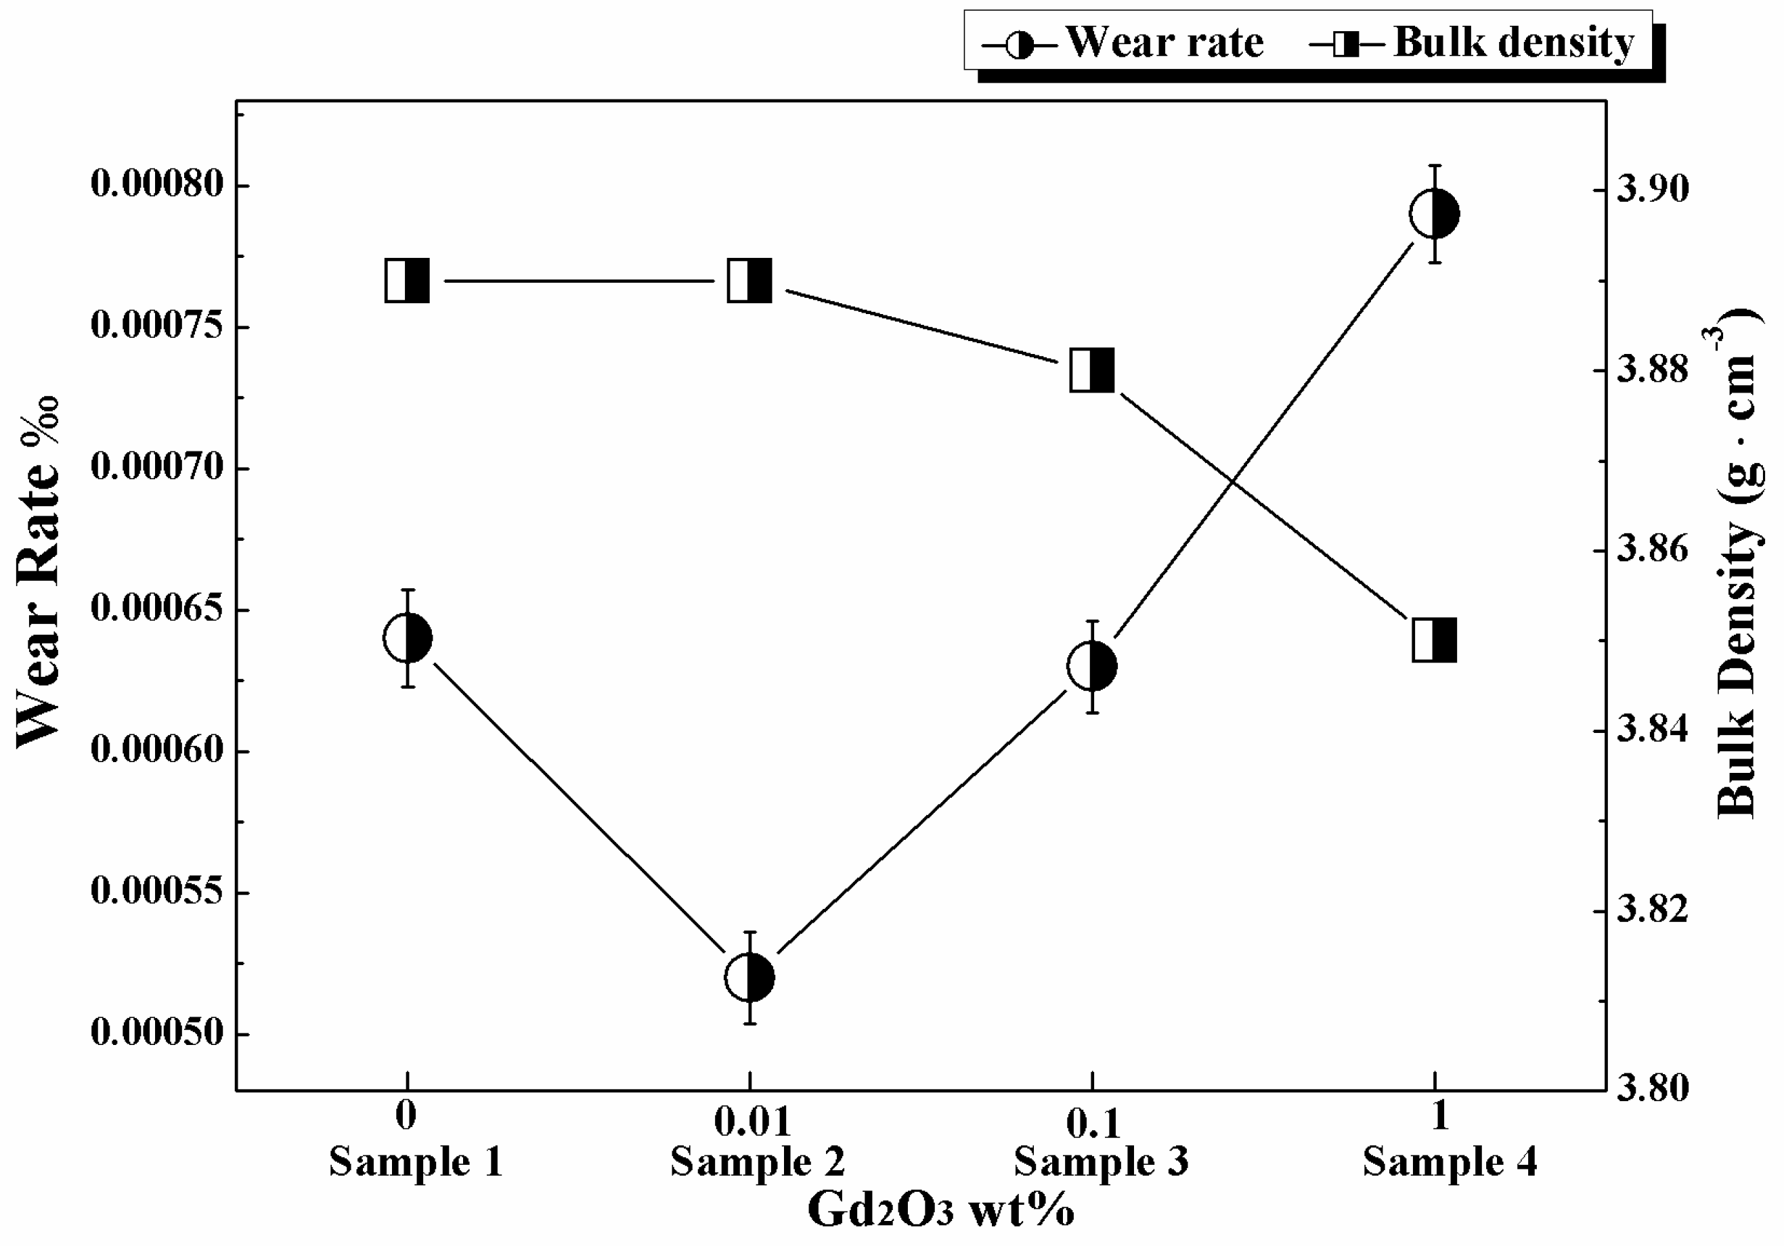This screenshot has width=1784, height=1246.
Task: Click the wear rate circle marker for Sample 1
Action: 407,638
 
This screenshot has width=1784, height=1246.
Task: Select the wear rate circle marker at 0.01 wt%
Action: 749,977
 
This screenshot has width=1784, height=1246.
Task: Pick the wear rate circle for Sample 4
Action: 1435,214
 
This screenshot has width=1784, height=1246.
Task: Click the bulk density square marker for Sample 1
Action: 407,280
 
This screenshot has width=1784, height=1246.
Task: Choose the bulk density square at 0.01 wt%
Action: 749,280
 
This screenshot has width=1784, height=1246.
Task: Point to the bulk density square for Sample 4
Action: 1435,641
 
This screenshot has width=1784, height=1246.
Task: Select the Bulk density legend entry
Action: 1472,43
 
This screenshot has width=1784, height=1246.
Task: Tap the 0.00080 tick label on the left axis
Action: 158,185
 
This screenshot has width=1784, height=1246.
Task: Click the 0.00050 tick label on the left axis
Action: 158,1033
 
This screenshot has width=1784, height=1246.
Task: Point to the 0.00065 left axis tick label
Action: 158,608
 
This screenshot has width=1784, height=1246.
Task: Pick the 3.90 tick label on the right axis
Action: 1653,190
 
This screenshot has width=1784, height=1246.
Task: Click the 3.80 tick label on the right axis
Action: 1653,1088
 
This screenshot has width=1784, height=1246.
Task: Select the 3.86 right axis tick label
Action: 1653,549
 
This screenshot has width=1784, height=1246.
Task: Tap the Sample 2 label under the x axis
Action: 758,1163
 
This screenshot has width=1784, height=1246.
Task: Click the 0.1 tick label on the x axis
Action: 1093,1124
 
